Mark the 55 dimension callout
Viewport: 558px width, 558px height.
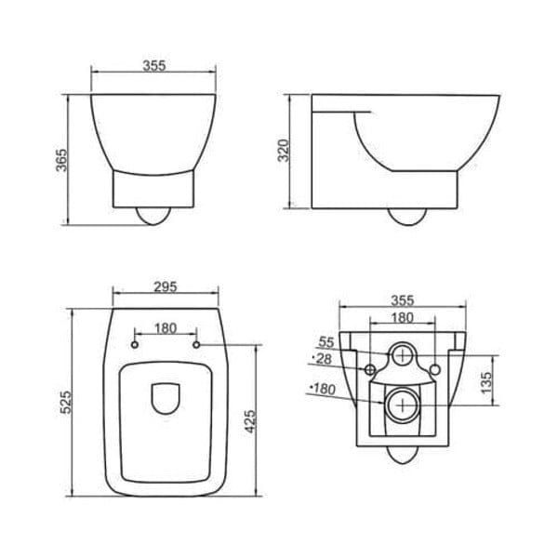pos(325,342)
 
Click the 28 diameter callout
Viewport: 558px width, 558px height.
pos(323,358)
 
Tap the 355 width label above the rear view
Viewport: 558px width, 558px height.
pos(402,301)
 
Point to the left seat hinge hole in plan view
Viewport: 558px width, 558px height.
pos(135,345)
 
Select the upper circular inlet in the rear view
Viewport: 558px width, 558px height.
pos(402,353)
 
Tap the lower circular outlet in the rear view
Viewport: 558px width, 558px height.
pos(402,405)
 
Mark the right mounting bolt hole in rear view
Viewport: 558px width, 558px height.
pos(434,371)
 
